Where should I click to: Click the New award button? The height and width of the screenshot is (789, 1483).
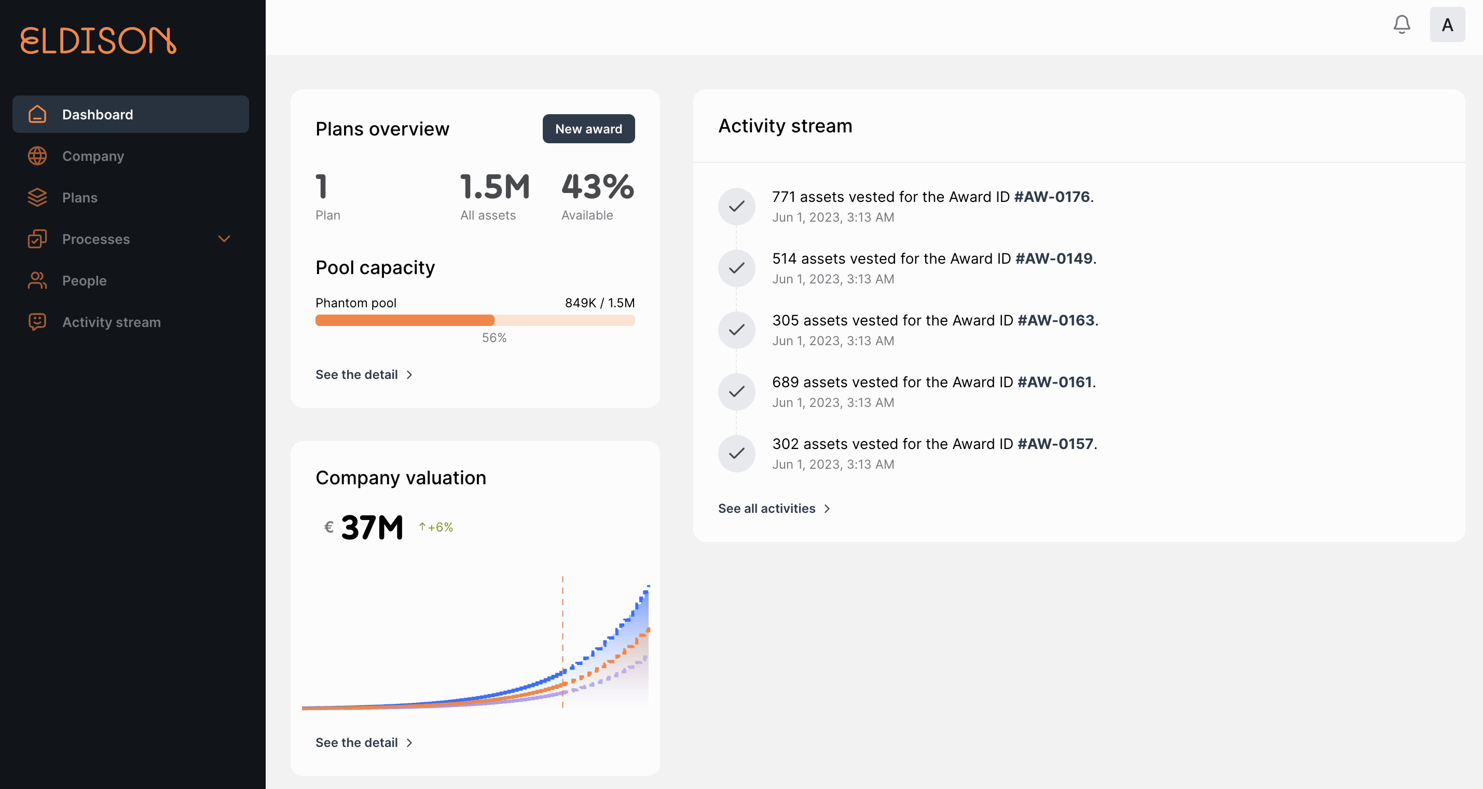588,129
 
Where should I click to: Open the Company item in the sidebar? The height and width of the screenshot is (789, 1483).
92,156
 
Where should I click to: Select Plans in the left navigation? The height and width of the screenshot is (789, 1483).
79,198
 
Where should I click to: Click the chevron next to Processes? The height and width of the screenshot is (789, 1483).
224,239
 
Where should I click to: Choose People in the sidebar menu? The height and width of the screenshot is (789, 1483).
84,280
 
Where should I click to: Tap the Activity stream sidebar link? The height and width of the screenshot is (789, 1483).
111,322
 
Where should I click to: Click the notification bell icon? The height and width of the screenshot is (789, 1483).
1401,25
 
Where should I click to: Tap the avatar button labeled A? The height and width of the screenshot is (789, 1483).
1447,25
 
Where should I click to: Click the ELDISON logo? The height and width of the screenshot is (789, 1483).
98,40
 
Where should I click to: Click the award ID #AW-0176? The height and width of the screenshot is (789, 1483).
1051,197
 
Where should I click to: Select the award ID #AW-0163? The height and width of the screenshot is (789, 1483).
1055,320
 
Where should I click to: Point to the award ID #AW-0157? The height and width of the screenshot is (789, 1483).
1055,444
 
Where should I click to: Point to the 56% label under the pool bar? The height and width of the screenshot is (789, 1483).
494,338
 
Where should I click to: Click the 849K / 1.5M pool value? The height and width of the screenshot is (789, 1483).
599,303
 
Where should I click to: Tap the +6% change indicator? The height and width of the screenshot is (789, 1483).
436,527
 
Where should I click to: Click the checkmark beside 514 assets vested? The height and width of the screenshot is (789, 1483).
736,268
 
